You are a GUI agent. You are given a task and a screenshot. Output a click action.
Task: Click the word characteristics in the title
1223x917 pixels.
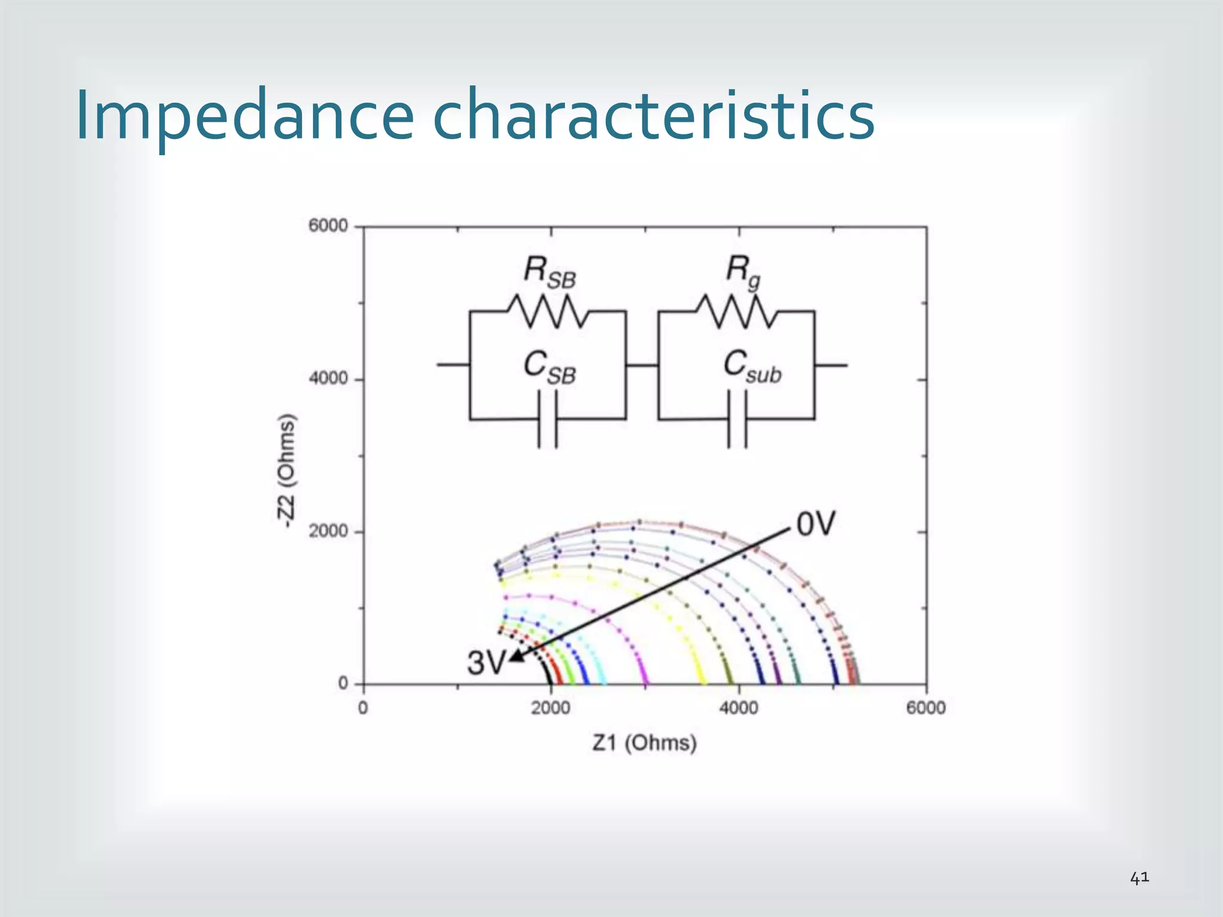pyautogui.click(x=653, y=115)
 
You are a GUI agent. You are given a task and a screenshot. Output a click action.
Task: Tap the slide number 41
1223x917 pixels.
pyautogui.click(x=1139, y=878)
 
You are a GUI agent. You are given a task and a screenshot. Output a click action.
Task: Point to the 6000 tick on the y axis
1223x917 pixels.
pyautogui.click(x=328, y=226)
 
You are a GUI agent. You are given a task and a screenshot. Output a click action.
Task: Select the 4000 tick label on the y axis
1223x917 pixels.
pyautogui.click(x=328, y=379)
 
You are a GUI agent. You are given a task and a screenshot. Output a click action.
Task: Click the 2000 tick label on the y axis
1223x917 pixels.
pyautogui.click(x=328, y=531)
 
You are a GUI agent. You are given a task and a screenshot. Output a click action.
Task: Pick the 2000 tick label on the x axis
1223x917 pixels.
pyautogui.click(x=551, y=709)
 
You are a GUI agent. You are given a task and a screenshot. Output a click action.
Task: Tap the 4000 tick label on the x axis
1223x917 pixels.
pyautogui.click(x=739, y=709)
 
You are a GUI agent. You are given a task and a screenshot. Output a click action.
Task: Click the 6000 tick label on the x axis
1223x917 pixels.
pyautogui.click(x=926, y=709)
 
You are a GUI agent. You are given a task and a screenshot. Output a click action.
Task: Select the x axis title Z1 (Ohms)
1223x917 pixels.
pyautogui.click(x=644, y=743)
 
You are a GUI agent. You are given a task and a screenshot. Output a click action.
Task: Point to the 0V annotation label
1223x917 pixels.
pyautogui.click(x=816, y=525)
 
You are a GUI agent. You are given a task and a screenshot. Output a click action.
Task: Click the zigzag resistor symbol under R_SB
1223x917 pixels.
pyautogui.click(x=548, y=311)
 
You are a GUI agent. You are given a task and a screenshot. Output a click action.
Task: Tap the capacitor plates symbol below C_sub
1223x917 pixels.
pyautogui.click(x=737, y=419)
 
